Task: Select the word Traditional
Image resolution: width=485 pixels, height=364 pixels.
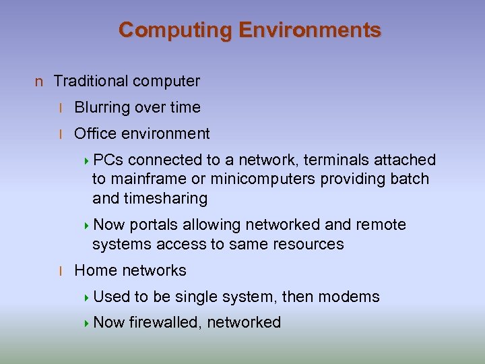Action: [90, 82]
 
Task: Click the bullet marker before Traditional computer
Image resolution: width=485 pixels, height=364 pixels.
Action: [39, 82]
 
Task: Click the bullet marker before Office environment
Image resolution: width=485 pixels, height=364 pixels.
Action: [61, 134]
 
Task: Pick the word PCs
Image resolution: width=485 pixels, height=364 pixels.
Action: [108, 160]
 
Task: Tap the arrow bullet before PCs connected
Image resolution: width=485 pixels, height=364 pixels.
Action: [88, 160]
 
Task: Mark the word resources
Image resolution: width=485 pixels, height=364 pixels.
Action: [311, 245]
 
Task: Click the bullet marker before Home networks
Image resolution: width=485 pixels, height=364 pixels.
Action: [61, 271]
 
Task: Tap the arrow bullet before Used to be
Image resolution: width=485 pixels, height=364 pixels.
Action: [88, 297]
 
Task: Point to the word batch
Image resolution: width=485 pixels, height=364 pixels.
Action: [408, 179]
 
